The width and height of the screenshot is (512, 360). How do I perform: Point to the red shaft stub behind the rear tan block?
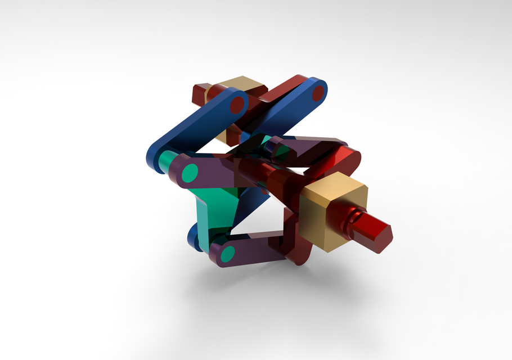click(x=199, y=93)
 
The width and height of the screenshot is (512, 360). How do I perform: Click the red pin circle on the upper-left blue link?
click(x=237, y=103)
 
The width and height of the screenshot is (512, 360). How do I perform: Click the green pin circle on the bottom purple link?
click(x=227, y=255)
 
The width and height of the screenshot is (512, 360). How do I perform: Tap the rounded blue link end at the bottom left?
click(x=194, y=238)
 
